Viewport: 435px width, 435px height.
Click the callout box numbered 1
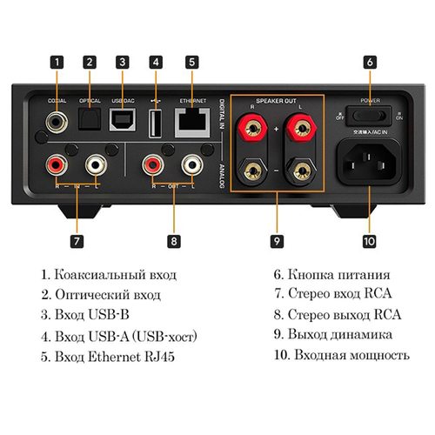57,62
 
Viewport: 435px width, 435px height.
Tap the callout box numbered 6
370,62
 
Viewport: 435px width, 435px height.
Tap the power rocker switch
368,113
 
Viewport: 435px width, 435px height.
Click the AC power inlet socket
369,158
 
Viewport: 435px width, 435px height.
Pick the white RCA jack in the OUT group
190,162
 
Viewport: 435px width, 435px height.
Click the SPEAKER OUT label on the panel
277,100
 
